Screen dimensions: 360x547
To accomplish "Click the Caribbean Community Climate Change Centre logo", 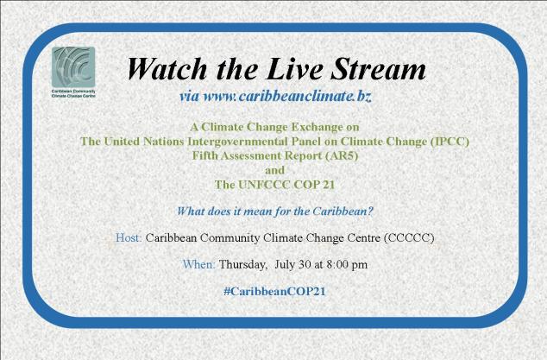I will coord(74,67).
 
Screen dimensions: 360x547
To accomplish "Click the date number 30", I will coord(305,264).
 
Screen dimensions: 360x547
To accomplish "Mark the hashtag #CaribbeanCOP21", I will coord(273,291).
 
